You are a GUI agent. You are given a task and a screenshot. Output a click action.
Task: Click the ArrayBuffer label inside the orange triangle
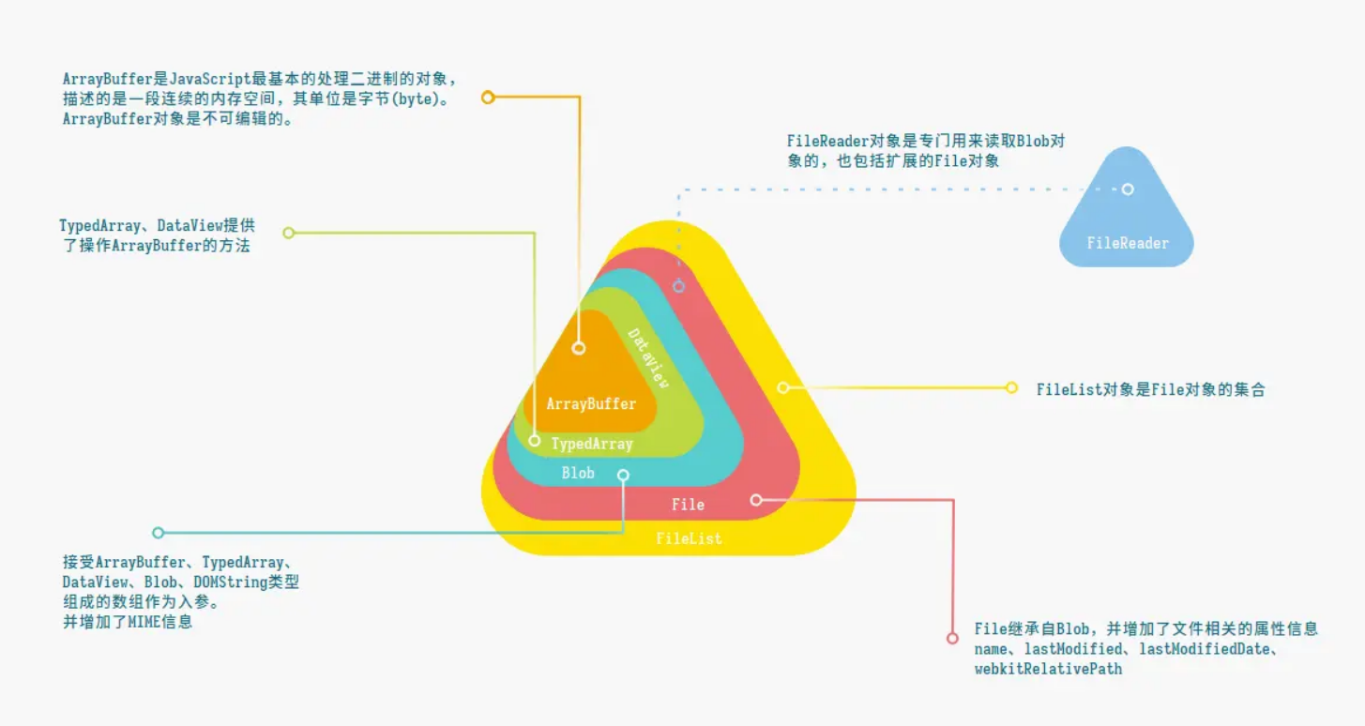pyautogui.click(x=591, y=404)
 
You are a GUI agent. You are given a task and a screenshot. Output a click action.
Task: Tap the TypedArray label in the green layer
pyautogui.click(x=592, y=444)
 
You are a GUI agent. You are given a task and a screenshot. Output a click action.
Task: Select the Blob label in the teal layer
pyautogui.click(x=578, y=473)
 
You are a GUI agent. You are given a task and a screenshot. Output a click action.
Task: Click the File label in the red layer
pyautogui.click(x=688, y=505)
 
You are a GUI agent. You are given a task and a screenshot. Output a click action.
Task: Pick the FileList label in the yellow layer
pyautogui.click(x=689, y=538)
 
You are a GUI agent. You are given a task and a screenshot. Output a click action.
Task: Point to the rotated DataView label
pyautogui.click(x=649, y=358)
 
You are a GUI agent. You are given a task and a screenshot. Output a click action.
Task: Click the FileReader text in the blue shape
pyautogui.click(x=1128, y=243)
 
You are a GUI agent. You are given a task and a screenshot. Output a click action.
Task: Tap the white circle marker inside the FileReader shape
pyautogui.click(x=1128, y=189)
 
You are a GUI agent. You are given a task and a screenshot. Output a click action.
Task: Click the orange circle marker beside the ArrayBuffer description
pyautogui.click(x=488, y=97)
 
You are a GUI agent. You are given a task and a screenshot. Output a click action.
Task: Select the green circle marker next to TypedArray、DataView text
pyautogui.click(x=289, y=233)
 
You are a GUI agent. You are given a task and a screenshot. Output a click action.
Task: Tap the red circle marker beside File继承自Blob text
pyautogui.click(x=953, y=638)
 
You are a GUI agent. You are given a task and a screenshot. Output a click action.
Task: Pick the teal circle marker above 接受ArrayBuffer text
pyautogui.click(x=158, y=533)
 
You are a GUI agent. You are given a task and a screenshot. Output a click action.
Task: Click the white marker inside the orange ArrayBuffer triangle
pyautogui.click(x=579, y=348)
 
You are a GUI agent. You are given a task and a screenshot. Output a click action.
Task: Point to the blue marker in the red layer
pyautogui.click(x=679, y=286)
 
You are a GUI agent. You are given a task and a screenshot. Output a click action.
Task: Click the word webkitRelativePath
pyautogui.click(x=1048, y=669)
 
